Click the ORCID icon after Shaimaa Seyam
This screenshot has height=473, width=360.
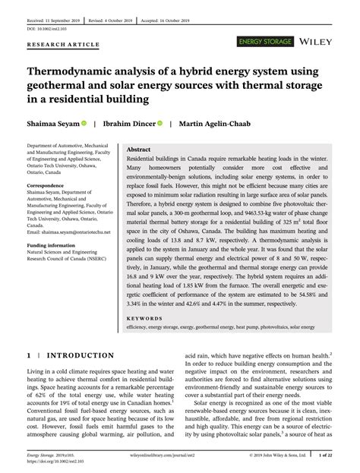pyautogui.click(x=84, y=122)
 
